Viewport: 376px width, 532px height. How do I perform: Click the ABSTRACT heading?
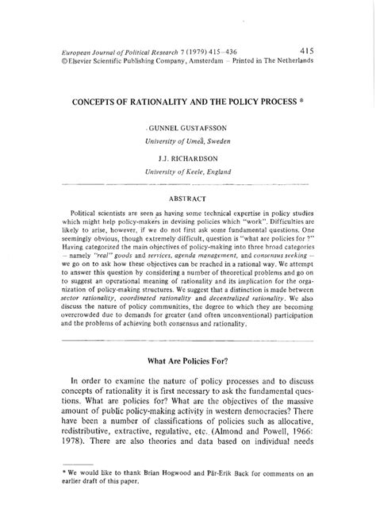187,199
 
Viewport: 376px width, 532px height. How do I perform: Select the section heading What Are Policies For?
187,381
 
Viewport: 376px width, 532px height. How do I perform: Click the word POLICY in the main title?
228,102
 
